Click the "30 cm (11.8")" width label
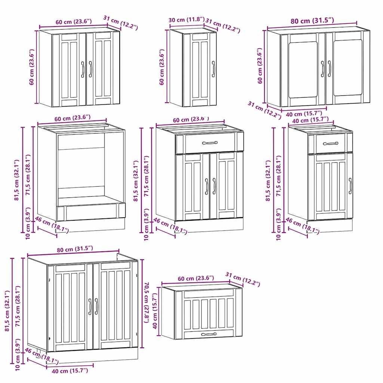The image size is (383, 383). pos(187,20)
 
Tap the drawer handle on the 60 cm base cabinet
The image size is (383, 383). pos(209,143)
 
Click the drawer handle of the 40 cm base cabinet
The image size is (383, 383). pos(330,143)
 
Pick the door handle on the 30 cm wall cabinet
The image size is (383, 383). pos(213,69)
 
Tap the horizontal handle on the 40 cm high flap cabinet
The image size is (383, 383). pos(209,334)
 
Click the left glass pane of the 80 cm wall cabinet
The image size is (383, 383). pos(303,69)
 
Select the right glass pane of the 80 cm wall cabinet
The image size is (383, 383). pos(347,68)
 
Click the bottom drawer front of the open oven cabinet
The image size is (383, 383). pos(92,212)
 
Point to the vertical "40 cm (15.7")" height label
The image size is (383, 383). pos(155,311)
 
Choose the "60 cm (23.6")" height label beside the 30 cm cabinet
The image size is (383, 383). pos(162,67)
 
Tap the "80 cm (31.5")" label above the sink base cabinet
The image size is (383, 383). pos(73,248)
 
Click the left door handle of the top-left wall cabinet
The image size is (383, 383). pos(83,69)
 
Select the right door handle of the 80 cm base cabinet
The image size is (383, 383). pos(96,306)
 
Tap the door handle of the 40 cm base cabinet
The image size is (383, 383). pos(350,186)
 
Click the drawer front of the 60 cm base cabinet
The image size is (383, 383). pos(209,143)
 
